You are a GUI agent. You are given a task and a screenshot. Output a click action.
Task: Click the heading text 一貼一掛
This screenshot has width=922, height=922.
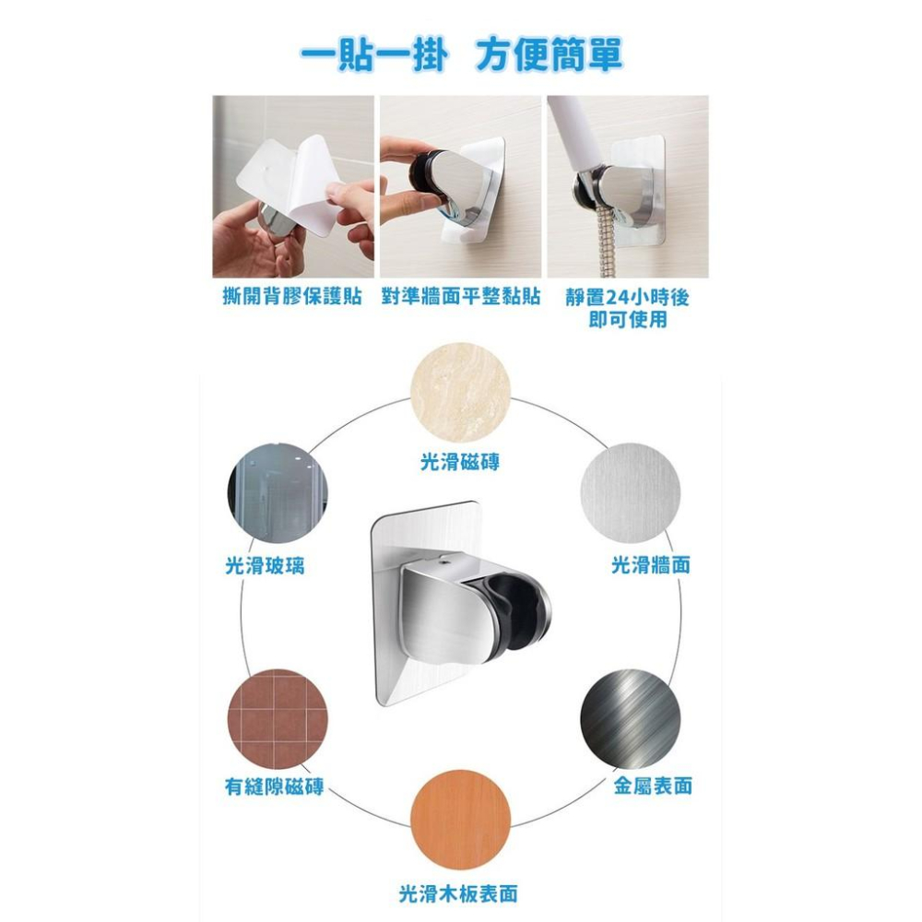click(374, 54)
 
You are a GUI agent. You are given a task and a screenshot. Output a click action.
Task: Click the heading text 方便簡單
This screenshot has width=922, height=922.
click(550, 54)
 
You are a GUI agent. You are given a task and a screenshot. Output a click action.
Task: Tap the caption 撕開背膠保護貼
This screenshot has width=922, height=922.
click(292, 299)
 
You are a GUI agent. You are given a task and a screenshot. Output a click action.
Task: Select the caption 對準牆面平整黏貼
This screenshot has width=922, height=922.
click(460, 299)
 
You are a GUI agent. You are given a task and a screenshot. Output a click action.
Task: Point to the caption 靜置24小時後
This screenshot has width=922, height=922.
click(627, 299)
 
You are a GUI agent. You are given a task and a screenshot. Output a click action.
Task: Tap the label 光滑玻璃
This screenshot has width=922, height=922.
click(266, 565)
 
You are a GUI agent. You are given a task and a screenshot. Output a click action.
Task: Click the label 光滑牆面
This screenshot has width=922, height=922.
click(651, 565)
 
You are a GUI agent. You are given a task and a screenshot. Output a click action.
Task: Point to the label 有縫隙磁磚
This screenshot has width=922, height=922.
click(275, 786)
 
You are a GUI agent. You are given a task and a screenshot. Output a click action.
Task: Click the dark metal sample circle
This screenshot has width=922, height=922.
click(630, 717)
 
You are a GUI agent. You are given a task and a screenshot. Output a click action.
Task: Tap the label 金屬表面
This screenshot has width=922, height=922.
click(653, 786)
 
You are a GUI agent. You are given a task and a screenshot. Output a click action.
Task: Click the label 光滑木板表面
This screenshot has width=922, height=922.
click(458, 892)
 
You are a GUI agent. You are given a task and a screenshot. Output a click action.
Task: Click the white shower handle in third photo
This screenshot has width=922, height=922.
click(573, 129)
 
